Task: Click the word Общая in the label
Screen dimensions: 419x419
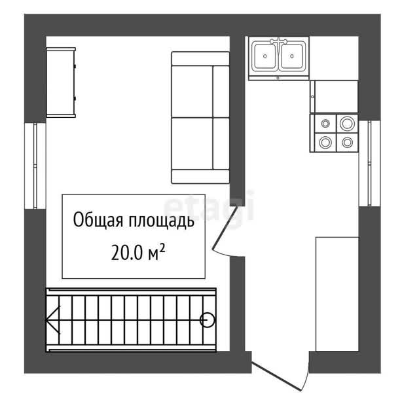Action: tap(98, 220)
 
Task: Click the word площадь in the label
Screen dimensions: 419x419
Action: tap(162, 221)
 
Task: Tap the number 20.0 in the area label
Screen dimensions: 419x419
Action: tap(126, 252)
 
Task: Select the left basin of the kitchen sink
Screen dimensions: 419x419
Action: tap(264, 56)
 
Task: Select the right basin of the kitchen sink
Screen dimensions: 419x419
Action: tap(292, 56)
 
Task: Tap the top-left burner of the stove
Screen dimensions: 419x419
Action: tap(325, 124)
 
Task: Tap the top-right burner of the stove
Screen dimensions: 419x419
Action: tap(347, 124)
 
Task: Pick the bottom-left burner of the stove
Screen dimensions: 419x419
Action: tap(325, 142)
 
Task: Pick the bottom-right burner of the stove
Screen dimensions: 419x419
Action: tap(347, 142)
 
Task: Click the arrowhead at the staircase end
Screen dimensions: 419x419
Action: tap(52, 320)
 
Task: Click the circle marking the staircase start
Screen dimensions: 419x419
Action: tap(207, 319)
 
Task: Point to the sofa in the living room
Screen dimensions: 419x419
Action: tap(200, 118)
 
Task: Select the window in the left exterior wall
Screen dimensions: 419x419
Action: tap(35, 166)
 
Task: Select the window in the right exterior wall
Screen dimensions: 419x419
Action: tap(369, 163)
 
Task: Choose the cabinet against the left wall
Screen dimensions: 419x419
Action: tap(61, 82)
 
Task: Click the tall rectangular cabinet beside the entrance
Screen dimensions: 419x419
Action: tap(337, 294)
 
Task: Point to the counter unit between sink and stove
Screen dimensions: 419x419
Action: tap(334, 97)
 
